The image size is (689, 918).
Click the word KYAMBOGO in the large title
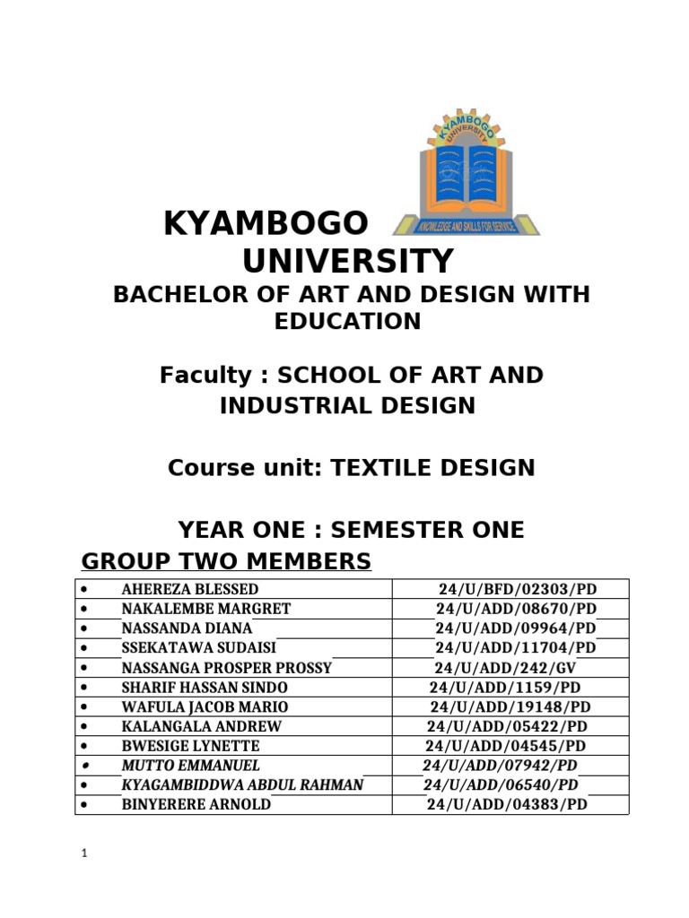(x=266, y=224)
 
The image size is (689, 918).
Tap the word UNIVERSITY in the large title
(x=348, y=262)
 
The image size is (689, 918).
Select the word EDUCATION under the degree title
(x=347, y=321)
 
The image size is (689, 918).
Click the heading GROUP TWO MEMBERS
(x=226, y=562)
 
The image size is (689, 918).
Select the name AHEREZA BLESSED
(x=190, y=589)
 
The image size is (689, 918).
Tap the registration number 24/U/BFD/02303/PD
(x=518, y=589)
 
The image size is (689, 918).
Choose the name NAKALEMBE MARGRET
(x=205, y=609)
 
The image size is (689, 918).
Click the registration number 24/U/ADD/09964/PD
(x=515, y=628)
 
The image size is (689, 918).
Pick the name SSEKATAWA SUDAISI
(x=199, y=647)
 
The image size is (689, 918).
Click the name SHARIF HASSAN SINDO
(x=205, y=687)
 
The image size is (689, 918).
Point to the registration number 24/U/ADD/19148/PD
(x=510, y=706)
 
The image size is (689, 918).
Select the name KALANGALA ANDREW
(x=201, y=726)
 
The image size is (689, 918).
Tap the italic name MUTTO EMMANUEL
(x=190, y=765)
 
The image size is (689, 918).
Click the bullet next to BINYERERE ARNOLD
(x=83, y=804)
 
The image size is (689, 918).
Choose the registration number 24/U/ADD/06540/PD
(x=501, y=784)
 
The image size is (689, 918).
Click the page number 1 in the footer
(x=83, y=854)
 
